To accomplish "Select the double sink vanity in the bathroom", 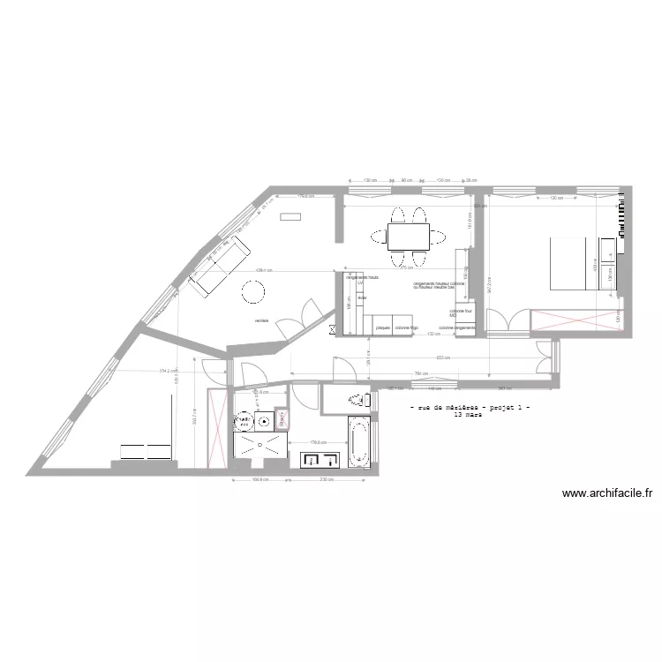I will tap(320, 459).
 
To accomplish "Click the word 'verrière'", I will tap(260, 320).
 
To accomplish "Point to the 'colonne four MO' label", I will tap(461, 312).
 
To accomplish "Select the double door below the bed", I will tap(506, 321).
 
